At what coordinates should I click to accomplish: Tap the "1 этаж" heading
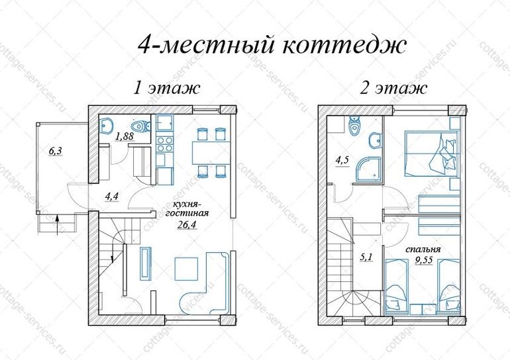click(x=166, y=88)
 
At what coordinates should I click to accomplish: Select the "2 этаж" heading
click(x=393, y=88)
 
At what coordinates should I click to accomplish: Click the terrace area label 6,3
click(x=55, y=151)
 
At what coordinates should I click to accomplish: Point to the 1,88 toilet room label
click(x=125, y=136)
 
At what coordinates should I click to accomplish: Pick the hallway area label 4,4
click(x=111, y=197)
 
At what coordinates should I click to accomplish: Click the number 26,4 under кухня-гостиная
click(x=187, y=224)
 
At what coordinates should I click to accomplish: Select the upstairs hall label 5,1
click(x=366, y=257)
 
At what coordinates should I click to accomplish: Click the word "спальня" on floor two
click(x=423, y=249)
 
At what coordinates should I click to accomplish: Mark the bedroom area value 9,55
click(x=423, y=259)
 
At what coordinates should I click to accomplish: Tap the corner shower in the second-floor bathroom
click(x=368, y=169)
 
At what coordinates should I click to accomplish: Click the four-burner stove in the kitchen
click(x=165, y=144)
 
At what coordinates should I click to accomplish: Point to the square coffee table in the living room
click(x=187, y=269)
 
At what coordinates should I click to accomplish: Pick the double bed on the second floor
click(x=433, y=154)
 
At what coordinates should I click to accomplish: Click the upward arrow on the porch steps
click(x=57, y=224)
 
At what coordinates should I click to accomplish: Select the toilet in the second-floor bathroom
click(x=353, y=126)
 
